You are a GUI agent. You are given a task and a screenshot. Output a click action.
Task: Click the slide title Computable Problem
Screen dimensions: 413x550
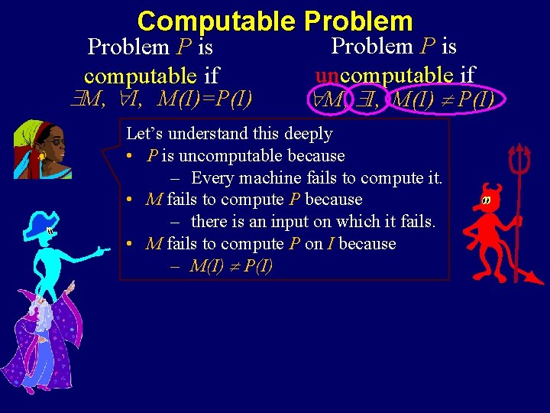275,21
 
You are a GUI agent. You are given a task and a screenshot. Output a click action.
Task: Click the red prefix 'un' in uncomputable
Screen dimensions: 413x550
327,74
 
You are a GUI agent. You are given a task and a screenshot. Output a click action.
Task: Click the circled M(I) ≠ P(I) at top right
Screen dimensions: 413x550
442,99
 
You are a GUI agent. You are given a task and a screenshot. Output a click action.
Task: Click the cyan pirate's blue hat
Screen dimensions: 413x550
38,224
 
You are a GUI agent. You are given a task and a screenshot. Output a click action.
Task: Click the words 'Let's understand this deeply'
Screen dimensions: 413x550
229,134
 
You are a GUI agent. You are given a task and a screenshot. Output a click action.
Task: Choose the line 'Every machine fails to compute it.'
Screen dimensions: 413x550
316,178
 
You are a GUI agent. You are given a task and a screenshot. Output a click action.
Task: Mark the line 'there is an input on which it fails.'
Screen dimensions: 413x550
312,223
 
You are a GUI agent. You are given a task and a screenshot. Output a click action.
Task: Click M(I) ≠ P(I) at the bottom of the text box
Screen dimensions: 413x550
231,266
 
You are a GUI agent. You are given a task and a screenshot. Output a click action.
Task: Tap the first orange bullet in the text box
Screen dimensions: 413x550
133,156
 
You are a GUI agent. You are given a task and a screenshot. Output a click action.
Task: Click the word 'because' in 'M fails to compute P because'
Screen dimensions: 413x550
333,200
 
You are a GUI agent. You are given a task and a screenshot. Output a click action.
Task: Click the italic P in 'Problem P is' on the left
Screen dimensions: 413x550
183,47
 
